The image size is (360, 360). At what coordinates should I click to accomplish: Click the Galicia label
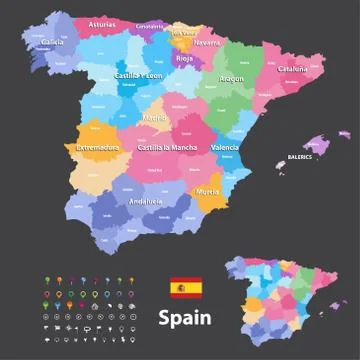pos(53,43)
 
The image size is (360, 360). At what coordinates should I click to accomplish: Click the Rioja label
pos(183,58)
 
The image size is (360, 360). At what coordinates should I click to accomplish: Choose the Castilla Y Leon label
pos(138,75)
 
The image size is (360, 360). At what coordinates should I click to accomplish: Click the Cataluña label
pos(292,69)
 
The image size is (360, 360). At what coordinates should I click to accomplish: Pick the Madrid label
pos(155,117)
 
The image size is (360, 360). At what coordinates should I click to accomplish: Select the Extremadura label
pos(97,148)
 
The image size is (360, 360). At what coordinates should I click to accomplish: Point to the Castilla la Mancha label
pos(166,148)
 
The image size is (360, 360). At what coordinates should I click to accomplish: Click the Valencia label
pos(225,148)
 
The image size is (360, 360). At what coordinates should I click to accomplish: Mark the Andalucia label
pos(128,201)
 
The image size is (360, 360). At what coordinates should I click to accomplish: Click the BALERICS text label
pos(294,157)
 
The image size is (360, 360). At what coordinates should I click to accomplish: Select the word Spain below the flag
pos(185,319)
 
